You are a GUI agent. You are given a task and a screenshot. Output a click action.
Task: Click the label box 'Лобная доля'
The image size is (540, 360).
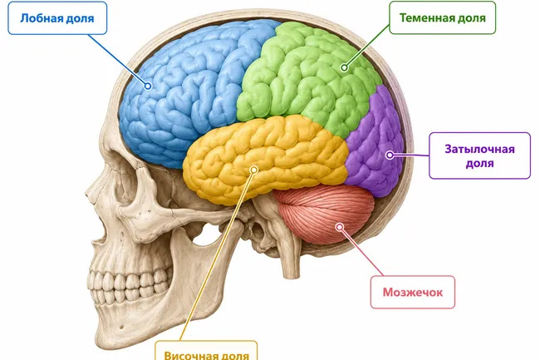coord(57,18)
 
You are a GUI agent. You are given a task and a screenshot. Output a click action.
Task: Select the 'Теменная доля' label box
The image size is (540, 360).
coord(442,17)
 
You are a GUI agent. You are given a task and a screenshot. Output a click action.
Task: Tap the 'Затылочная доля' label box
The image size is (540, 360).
coord(479,155)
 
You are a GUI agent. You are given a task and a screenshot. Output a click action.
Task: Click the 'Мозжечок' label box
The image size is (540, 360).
coord(413,292)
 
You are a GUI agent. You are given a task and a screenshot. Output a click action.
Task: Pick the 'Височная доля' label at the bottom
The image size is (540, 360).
coord(206,351)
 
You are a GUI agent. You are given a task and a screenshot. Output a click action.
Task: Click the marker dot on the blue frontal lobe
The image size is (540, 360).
coord(148,86)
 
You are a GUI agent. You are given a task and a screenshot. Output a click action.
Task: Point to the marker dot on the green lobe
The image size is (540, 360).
coord(344,67)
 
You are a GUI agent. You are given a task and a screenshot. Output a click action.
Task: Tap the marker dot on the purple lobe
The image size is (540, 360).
coord(390,155)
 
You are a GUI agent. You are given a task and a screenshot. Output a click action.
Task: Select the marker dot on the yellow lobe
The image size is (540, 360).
coord(254,170)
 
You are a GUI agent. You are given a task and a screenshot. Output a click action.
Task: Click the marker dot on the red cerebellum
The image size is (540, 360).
coord(340,227)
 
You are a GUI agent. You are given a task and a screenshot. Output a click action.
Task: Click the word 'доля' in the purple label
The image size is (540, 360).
coord(479,163)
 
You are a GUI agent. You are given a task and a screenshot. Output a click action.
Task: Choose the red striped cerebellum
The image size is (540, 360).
coord(326,214)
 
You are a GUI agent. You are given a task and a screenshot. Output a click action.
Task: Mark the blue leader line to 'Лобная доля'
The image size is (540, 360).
coord(118,59)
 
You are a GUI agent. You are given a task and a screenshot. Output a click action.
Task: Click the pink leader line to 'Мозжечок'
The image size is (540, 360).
coord(361,251)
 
